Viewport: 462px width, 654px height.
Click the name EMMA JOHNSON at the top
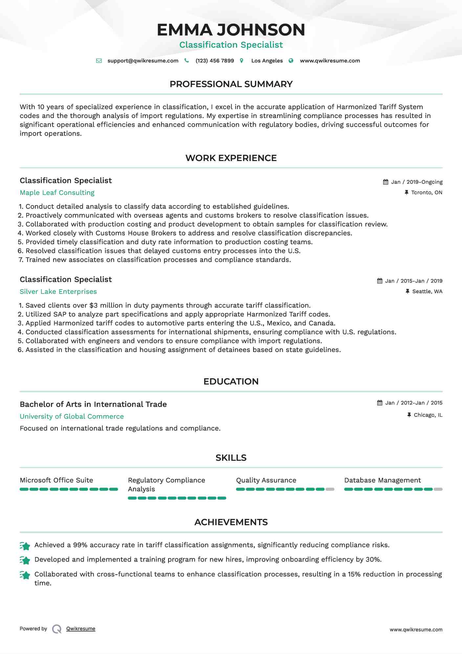tap(231, 30)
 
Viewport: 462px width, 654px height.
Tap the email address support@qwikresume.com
tap(143, 61)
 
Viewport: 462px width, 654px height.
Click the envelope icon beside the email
tap(99, 61)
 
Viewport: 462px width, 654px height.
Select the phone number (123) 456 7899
tap(215, 61)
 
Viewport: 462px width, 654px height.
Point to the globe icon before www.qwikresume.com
tap(291, 61)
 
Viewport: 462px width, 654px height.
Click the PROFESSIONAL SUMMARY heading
tap(231, 84)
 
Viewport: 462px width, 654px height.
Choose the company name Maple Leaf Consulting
tap(57, 193)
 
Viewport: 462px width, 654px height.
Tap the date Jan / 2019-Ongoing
tap(417, 182)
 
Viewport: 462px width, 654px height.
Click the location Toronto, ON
tap(427, 193)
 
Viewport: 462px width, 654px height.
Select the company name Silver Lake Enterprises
tap(58, 292)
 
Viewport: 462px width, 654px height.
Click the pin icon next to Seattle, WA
tap(407, 292)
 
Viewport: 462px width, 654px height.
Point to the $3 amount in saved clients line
tap(93, 306)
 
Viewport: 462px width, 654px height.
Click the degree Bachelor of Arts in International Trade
tap(93, 405)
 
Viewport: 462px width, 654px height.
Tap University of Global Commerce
tap(72, 417)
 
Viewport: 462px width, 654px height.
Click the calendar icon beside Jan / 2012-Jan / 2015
tap(380, 403)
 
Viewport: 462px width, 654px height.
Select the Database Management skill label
tap(382, 480)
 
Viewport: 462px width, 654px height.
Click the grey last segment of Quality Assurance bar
tap(330, 489)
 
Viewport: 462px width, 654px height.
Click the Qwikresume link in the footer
tap(81, 629)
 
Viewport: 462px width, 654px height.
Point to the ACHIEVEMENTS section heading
tap(231, 522)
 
